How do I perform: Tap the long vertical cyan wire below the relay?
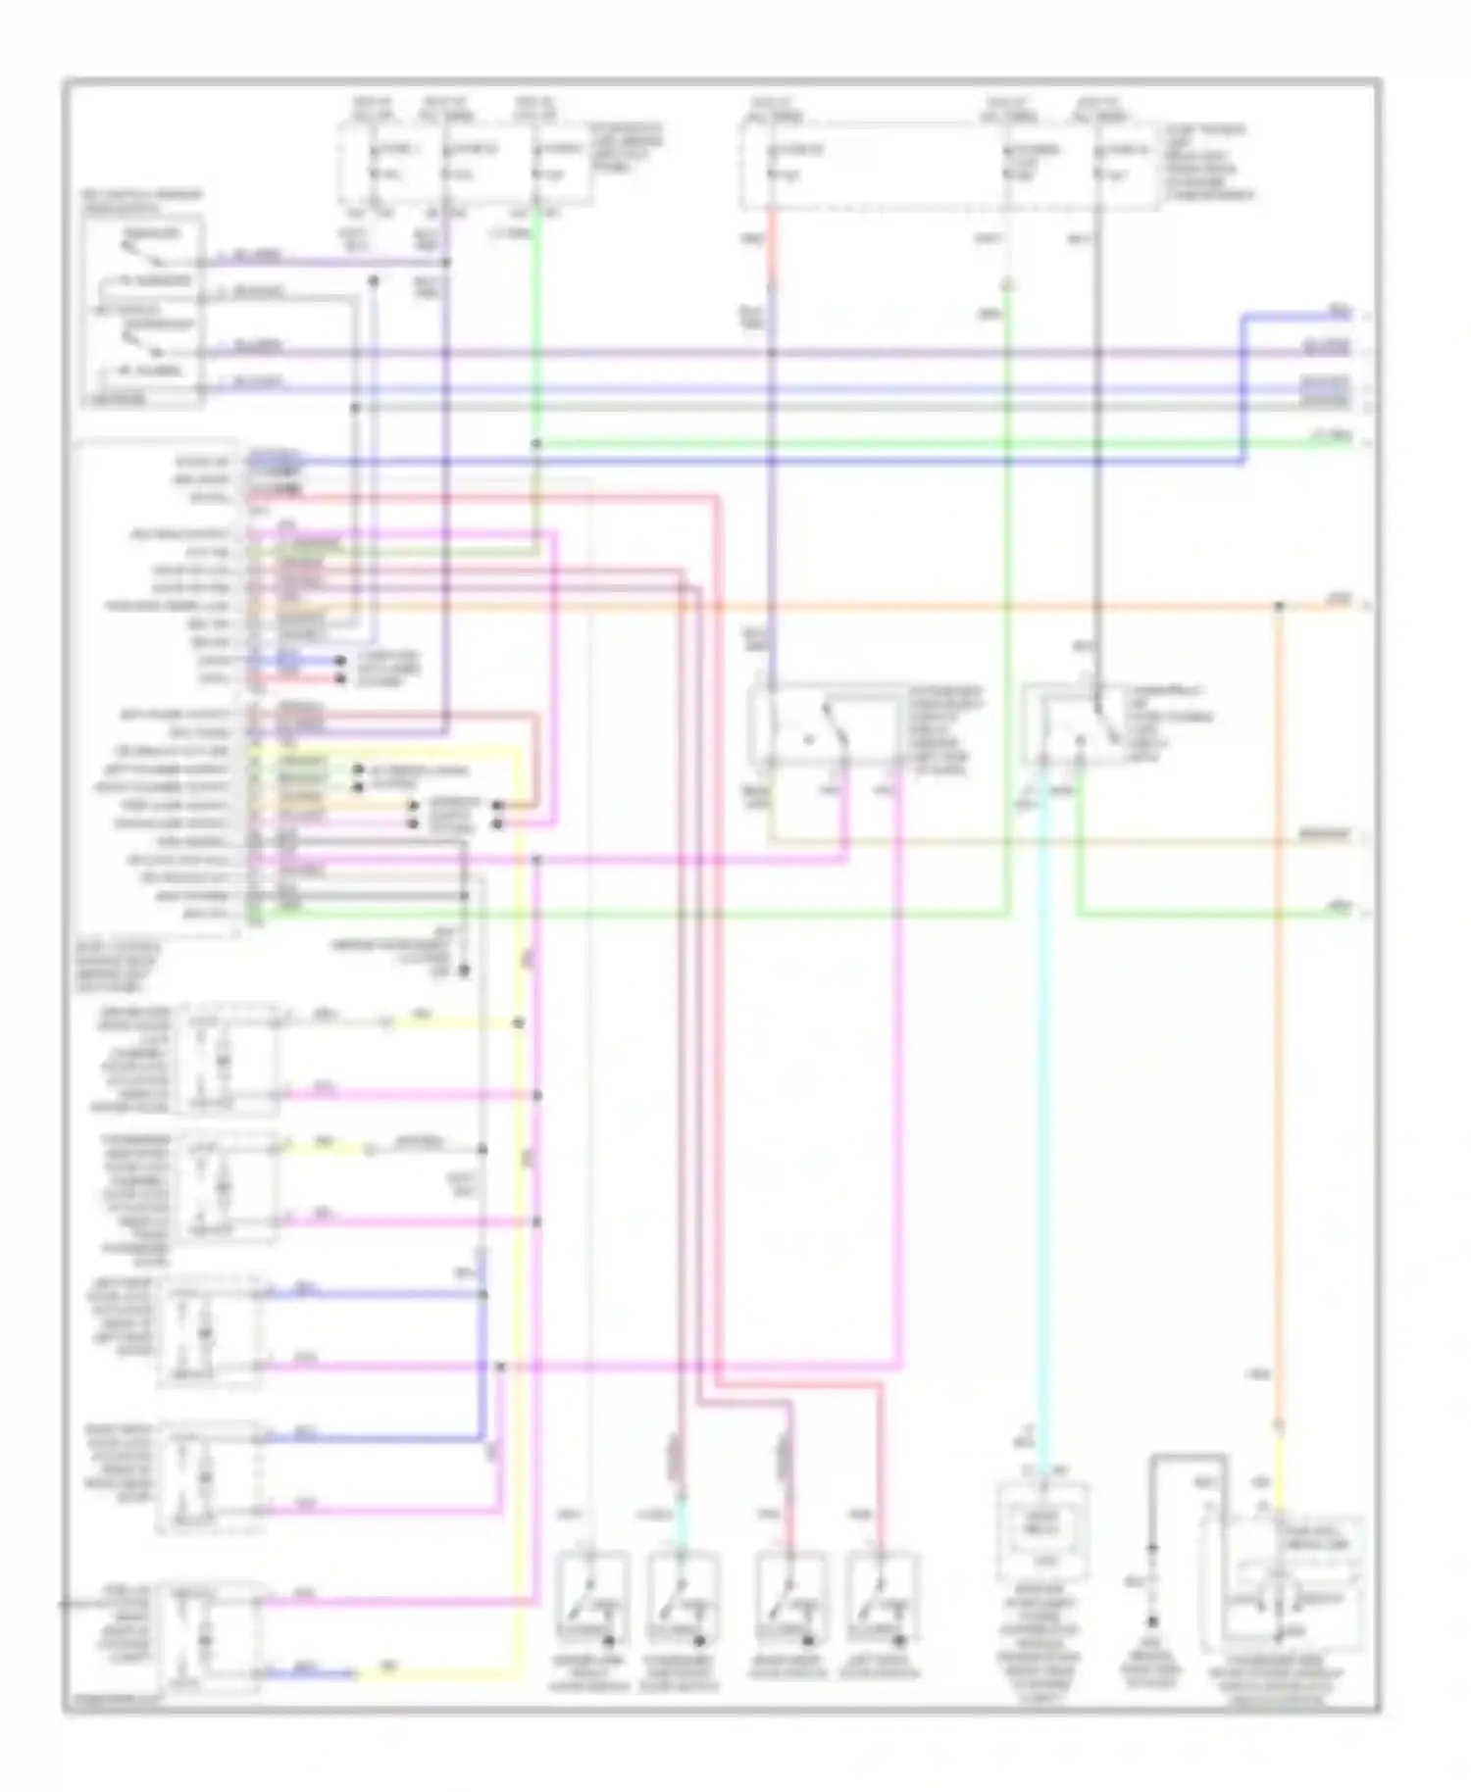pyautogui.click(x=1042, y=1127)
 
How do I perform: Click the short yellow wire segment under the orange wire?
pyautogui.click(x=1279, y=1470)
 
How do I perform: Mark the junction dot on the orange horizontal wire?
pyautogui.click(x=1279, y=606)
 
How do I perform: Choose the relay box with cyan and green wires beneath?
pyautogui.click(x=1074, y=725)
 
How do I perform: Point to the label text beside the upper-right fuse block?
pyautogui.click(x=1206, y=162)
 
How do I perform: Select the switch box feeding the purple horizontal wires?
pyautogui.click(x=143, y=312)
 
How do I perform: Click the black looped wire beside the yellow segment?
pyautogui.click(x=1189, y=1470)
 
